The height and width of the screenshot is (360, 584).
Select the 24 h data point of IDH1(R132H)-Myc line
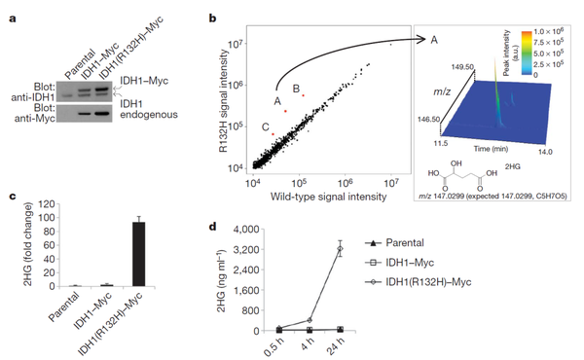tap(339, 249)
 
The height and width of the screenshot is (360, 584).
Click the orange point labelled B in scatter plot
tap(304, 95)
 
